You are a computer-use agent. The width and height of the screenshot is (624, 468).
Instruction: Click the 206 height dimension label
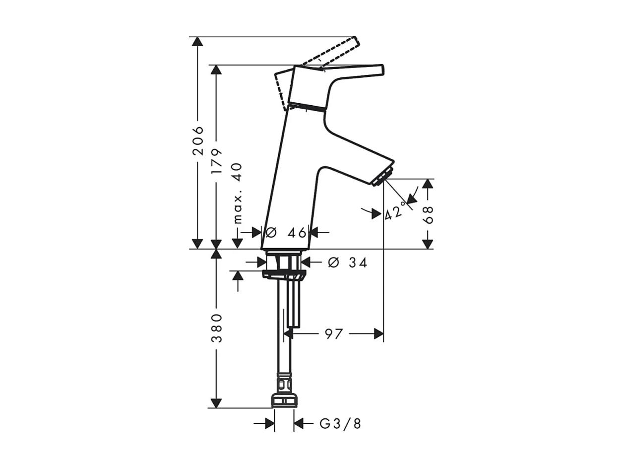pos(198,140)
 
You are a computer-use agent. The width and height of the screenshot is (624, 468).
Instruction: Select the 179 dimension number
pos(216,161)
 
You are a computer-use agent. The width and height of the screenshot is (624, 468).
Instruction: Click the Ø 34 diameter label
pos(348,263)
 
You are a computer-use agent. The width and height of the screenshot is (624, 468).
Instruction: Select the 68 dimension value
pos(428,214)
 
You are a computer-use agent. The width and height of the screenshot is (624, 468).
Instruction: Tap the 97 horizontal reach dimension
pos(334,334)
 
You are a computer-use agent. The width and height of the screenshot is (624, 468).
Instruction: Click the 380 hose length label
pos(216,328)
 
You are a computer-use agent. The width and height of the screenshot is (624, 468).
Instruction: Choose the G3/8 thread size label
pos(340,424)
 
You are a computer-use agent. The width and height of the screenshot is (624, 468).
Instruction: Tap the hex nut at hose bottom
pos(284,400)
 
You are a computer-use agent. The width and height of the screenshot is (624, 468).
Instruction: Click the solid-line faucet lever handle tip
pos(380,70)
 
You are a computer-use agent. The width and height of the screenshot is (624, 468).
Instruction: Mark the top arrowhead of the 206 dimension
pos(198,42)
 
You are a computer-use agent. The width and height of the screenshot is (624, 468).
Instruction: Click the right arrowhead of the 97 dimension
pos(378,334)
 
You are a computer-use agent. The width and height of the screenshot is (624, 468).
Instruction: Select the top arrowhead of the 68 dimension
pos(428,184)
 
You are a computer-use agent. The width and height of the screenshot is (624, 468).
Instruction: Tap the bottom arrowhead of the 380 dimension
pos(216,403)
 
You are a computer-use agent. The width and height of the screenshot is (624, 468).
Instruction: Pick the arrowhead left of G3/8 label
pos(269,424)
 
